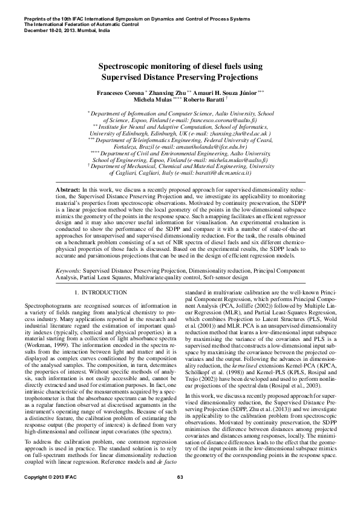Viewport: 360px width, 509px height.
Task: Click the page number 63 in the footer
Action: click(x=180, y=494)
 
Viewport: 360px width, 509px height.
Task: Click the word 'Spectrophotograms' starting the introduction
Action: click(x=48, y=306)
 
